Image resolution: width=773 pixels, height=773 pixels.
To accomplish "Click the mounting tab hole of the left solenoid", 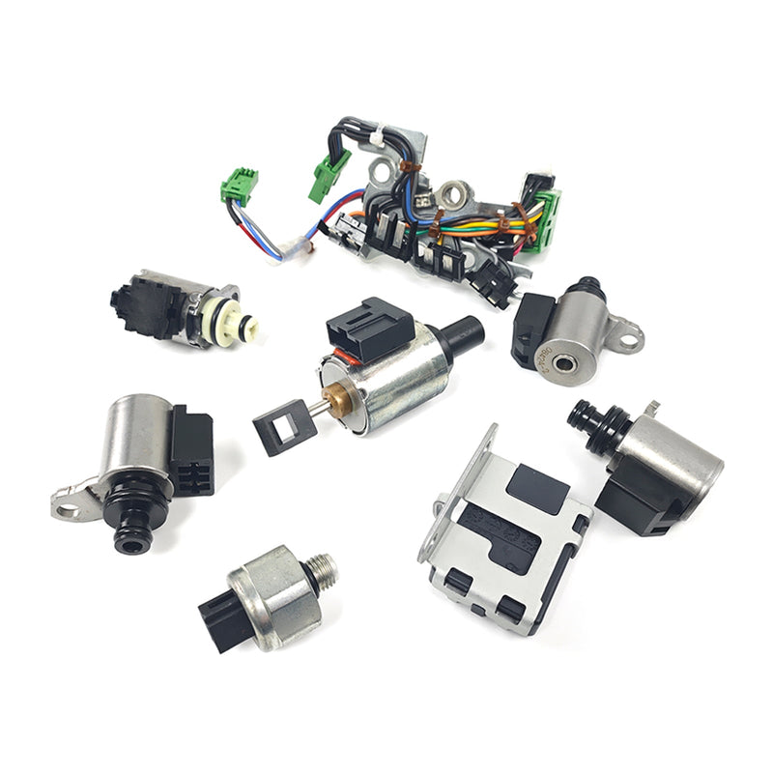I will coord(68,504).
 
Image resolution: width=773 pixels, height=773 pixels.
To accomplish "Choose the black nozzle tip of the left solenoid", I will coord(130,536).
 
